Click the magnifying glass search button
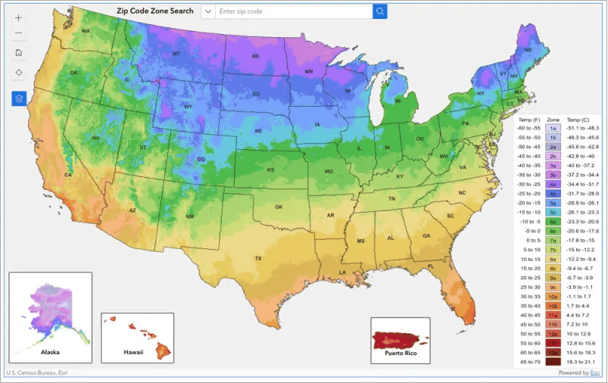(379, 11)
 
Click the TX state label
(258, 258)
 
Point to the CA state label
(67, 175)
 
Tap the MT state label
(176, 54)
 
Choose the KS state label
(270, 170)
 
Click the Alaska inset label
(50, 352)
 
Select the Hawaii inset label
(133, 352)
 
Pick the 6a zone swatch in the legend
(553, 221)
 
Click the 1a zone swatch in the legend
(553, 129)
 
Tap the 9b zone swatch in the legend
(553, 287)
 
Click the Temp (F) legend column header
(527, 120)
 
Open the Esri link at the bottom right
(595, 372)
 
